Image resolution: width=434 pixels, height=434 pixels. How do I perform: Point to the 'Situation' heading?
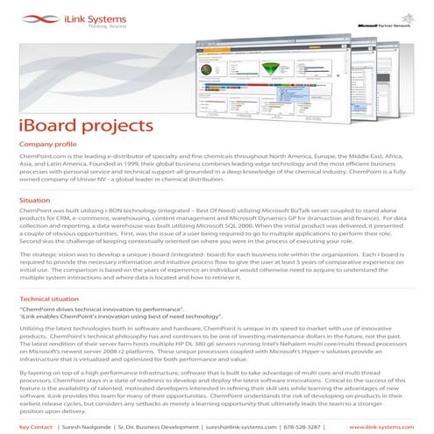[34, 200]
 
